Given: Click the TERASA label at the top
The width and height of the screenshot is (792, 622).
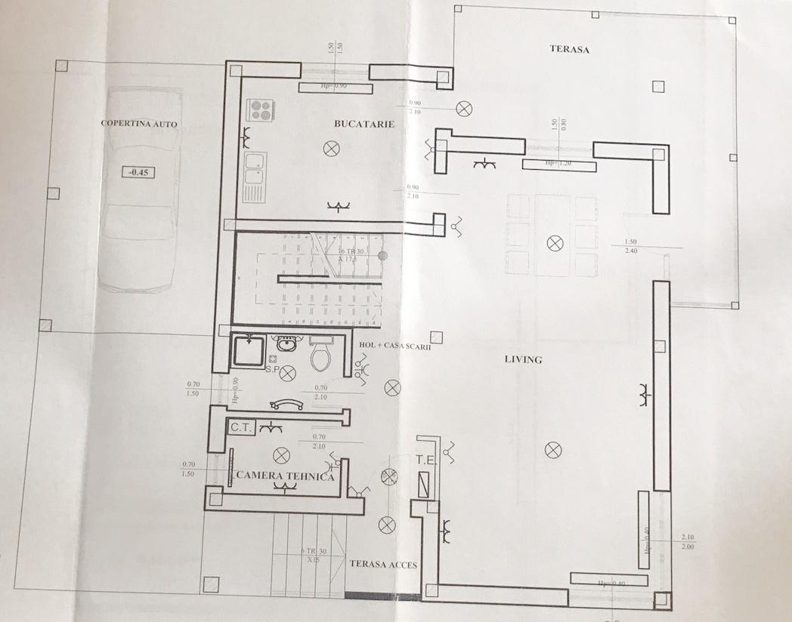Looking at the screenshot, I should tap(568, 50).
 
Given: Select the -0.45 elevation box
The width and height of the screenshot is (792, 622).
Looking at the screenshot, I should tap(138, 171).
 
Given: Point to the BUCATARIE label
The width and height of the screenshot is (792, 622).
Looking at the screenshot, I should tap(364, 123).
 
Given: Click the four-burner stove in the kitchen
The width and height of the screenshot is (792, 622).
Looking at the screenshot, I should tap(261, 110).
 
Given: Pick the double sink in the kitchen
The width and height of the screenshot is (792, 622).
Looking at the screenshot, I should tap(255, 175).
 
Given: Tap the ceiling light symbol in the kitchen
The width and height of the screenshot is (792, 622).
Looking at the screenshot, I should tap(330, 149).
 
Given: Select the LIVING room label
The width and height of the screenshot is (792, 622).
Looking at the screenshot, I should tap(523, 359).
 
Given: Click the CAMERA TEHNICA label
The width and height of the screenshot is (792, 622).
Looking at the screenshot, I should tap(285, 476).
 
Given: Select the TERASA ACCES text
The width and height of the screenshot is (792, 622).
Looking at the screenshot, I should tap(382, 564).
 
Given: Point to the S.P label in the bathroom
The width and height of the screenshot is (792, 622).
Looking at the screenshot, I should tap(271, 370).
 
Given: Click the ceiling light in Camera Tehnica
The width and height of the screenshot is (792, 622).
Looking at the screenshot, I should tap(282, 455).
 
